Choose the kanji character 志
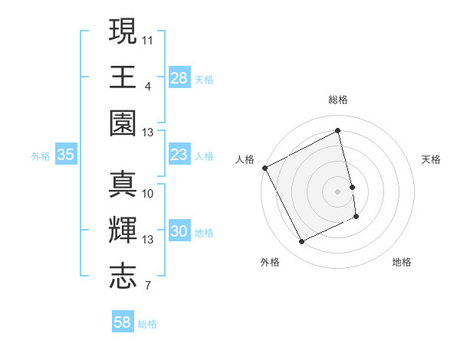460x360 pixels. point(123,276)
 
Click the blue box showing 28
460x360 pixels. point(179,77)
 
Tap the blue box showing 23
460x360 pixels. point(179,155)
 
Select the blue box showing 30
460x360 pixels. point(179,232)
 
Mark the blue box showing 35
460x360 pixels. point(66,155)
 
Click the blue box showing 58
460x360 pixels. point(123,322)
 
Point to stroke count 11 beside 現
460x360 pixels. point(148,38)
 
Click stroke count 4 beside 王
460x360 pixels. point(147,85)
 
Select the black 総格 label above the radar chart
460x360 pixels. point(338,100)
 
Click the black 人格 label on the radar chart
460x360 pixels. point(245,159)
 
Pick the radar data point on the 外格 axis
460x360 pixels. point(301,242)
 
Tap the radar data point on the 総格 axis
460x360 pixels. point(338,131)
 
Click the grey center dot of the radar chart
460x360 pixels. point(338,191)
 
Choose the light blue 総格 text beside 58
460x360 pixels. point(147,324)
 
